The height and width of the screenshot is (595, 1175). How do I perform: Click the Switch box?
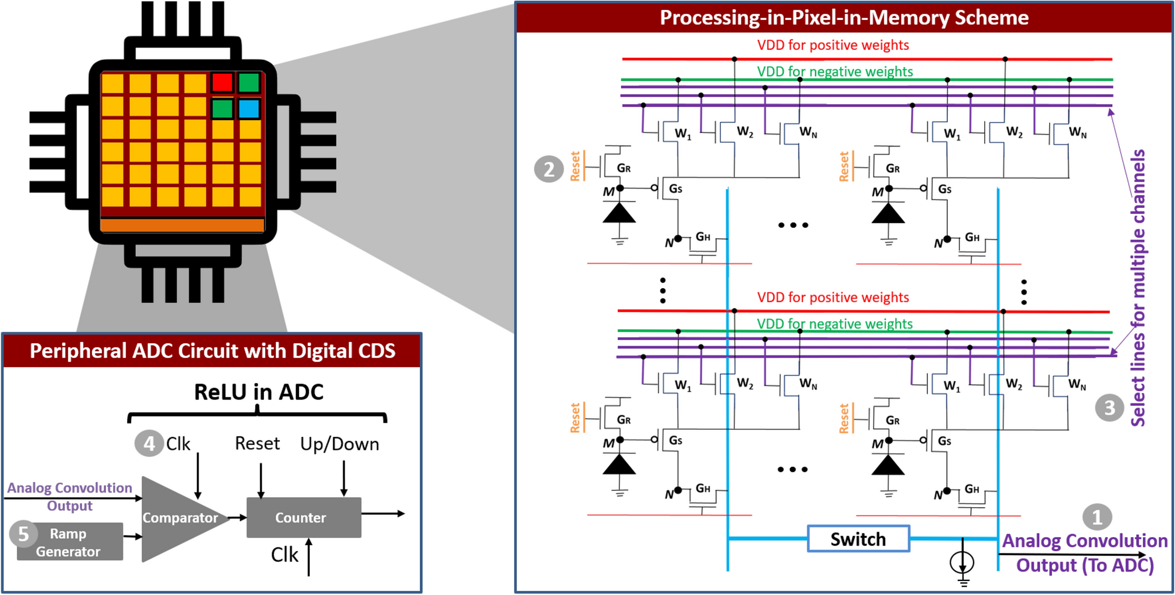(858, 539)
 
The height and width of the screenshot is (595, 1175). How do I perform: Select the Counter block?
(303, 518)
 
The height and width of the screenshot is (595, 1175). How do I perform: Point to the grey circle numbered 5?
(23, 534)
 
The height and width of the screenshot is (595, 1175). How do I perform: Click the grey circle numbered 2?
(549, 169)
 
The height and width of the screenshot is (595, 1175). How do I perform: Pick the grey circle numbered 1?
(1097, 517)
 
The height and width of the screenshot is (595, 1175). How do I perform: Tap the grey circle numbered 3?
(1109, 408)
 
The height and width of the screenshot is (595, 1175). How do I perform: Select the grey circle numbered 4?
(149, 443)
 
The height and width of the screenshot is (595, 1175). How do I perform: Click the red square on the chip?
(222, 82)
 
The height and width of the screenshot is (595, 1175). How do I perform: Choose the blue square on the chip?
(249, 109)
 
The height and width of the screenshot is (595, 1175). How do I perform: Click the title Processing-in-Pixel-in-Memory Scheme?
(844, 18)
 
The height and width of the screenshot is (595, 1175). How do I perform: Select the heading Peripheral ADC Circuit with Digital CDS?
(212, 351)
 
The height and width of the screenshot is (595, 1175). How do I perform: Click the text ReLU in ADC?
(258, 392)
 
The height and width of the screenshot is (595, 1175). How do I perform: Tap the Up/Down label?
(340, 444)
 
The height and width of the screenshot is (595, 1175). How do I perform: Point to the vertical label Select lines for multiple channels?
(1138, 287)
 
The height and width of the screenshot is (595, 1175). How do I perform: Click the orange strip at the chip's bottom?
(182, 225)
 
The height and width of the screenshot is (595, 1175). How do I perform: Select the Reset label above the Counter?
(257, 443)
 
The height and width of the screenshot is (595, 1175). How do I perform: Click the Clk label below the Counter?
(285, 555)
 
